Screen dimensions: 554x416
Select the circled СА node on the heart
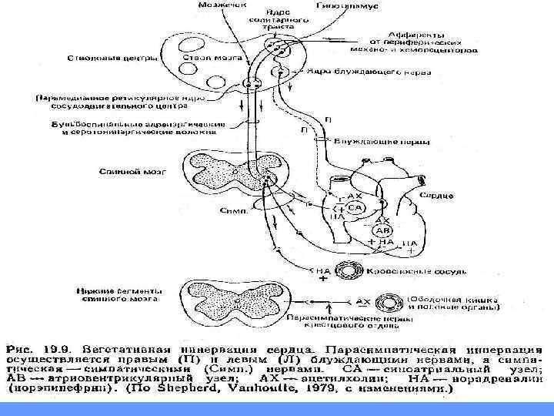[355, 209]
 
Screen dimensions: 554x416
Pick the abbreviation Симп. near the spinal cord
[232, 210]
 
